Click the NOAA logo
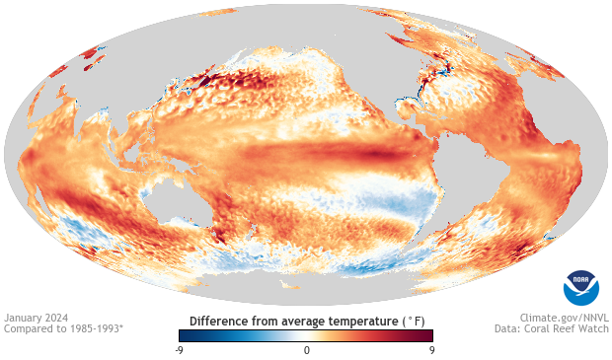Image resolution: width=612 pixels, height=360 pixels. tap(580, 286)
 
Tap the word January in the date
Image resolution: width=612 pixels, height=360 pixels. tap(23, 318)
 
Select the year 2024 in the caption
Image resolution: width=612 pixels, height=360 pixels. tap(55, 318)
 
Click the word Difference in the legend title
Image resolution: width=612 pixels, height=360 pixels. tap(219, 322)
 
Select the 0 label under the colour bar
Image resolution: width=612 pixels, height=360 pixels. tap(306, 350)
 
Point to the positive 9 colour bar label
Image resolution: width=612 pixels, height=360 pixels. tap(431, 350)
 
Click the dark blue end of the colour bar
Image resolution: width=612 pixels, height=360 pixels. tap(184, 335)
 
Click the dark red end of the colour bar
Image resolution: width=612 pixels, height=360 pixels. tap(428, 335)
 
